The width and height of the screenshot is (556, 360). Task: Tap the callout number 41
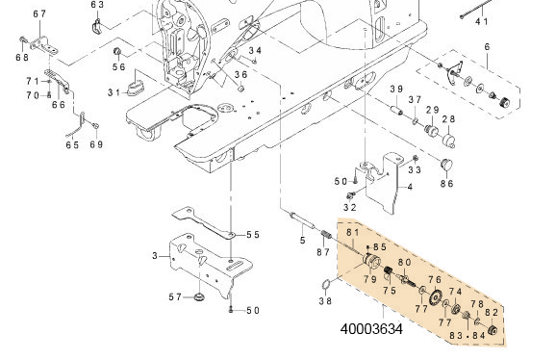click(x=482, y=20)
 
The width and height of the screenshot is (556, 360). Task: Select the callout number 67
click(x=38, y=13)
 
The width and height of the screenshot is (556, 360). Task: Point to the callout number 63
click(x=97, y=5)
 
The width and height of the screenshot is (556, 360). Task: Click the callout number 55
click(x=253, y=234)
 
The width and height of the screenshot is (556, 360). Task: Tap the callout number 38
click(x=325, y=300)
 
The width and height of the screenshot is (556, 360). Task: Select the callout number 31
click(x=114, y=91)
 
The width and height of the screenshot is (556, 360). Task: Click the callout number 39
click(x=395, y=89)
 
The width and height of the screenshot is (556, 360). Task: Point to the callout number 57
click(x=176, y=297)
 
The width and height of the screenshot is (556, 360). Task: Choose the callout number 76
click(x=435, y=280)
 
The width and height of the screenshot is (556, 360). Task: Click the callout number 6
click(x=487, y=47)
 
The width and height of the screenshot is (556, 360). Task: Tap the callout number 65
click(x=71, y=144)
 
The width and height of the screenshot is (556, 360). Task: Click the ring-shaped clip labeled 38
click(x=326, y=284)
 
